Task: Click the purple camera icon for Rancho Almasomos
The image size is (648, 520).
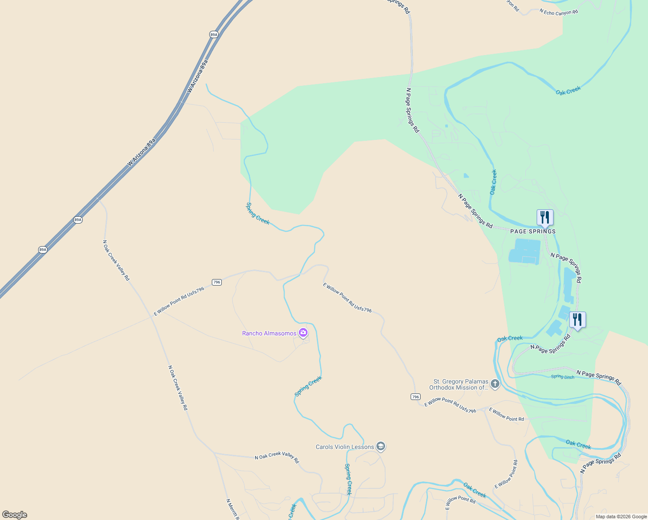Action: click(303, 333)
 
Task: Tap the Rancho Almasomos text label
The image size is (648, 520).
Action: click(269, 333)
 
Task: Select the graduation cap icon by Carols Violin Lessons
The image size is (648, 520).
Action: click(381, 446)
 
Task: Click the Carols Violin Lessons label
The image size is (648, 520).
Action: click(345, 447)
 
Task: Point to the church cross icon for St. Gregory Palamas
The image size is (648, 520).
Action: click(495, 383)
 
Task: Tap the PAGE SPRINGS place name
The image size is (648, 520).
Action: click(533, 231)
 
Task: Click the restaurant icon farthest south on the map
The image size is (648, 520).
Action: click(577, 320)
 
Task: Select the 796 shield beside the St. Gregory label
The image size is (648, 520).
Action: click(415, 397)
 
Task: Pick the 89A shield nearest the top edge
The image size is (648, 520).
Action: click(214, 34)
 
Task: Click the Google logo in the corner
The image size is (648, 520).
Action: click(14, 515)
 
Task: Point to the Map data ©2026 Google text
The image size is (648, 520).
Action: click(621, 517)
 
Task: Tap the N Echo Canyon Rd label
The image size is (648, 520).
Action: click(559, 12)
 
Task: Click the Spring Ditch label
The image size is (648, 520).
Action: click(563, 377)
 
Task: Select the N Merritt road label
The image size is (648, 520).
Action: click(232, 509)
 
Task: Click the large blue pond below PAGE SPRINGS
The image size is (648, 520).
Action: click(525, 250)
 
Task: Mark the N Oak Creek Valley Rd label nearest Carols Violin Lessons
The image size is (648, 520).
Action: click(277, 456)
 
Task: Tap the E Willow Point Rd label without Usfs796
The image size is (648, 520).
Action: click(506, 414)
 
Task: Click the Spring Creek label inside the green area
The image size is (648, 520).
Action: click(258, 214)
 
